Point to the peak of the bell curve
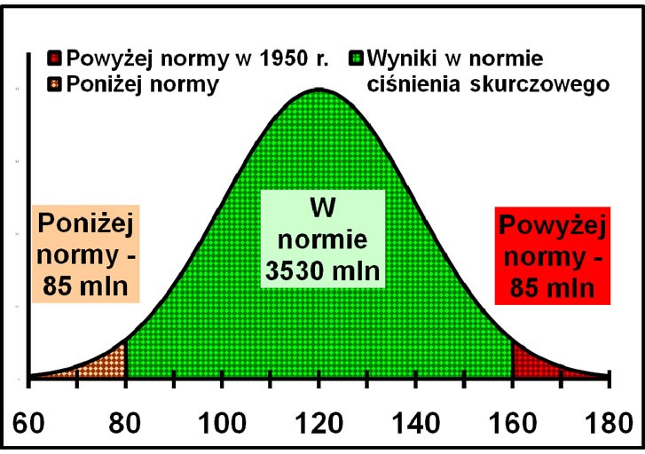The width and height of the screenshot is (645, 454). point(319,90)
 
